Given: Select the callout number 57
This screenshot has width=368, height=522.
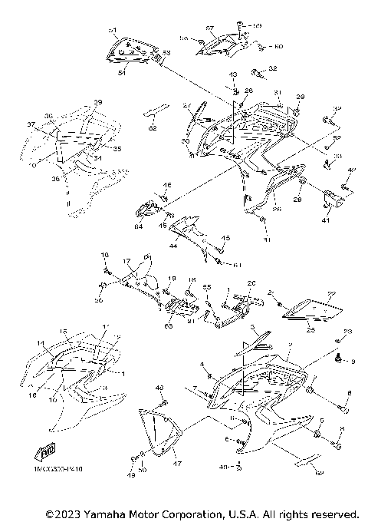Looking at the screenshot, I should coord(209,28).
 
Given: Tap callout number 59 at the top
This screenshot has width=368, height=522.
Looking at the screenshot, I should coord(257,26).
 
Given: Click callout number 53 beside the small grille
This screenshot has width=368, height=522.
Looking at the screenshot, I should coord(167,53).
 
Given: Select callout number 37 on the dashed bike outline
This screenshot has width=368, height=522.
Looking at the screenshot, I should coord(31,124).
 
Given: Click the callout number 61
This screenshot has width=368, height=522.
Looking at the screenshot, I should coord(237,265).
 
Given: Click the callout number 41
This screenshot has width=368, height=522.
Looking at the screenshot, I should coord(326,220).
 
